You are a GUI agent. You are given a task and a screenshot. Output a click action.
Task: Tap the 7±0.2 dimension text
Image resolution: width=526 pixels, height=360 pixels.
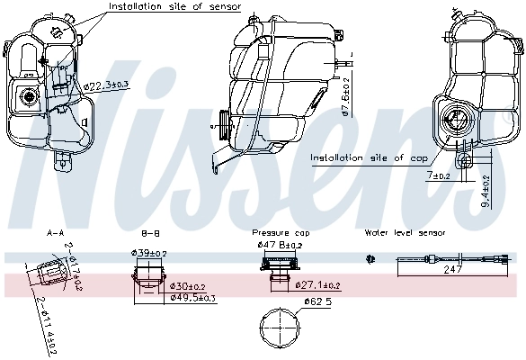coord(439,176)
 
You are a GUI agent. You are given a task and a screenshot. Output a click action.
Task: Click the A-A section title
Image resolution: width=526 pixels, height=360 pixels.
coord(56,232)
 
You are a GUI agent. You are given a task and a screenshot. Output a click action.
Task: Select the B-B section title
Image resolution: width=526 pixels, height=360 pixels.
coord(151,232)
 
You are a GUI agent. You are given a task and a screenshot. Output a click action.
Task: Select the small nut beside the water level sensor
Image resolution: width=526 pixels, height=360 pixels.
coord(370,259)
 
